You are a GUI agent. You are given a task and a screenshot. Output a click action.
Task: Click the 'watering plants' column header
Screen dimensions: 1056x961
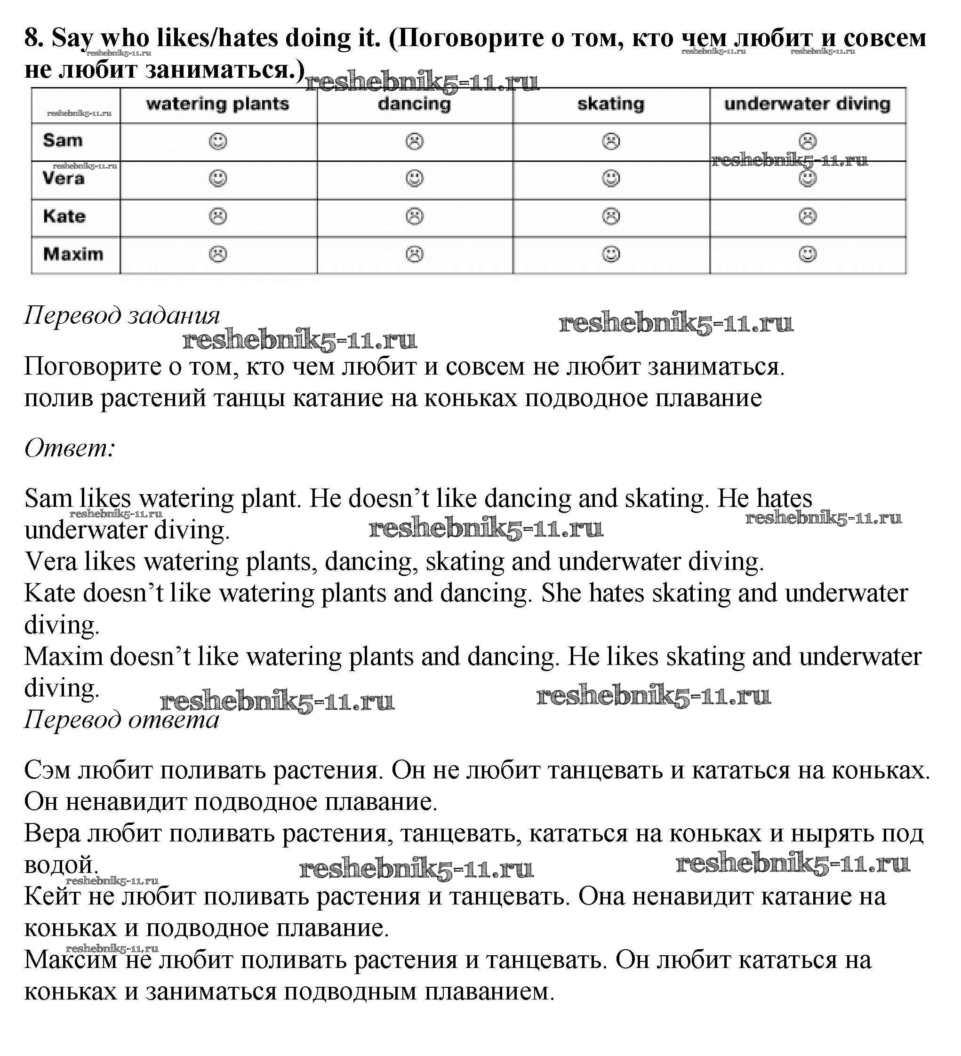(218, 104)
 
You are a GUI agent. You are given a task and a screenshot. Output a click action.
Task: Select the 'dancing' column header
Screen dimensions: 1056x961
(414, 104)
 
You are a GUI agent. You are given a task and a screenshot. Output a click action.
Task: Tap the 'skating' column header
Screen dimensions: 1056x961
(611, 104)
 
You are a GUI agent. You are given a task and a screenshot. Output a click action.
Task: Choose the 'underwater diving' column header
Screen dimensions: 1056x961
(807, 104)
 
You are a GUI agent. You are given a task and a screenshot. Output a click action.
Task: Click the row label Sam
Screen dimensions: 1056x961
(63, 140)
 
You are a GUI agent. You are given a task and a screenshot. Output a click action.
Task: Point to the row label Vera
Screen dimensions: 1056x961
(64, 179)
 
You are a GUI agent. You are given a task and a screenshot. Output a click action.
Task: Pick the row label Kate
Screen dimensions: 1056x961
(64, 216)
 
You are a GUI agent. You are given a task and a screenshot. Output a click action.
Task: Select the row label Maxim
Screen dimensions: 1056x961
(73, 255)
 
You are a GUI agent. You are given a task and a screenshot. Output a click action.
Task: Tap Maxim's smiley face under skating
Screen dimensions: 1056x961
(611, 255)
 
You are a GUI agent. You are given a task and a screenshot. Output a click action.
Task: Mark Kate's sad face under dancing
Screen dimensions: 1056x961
(414, 216)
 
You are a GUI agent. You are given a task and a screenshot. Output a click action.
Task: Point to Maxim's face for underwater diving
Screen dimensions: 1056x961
(807, 255)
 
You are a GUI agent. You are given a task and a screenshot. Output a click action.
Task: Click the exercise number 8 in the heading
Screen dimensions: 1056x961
(32, 39)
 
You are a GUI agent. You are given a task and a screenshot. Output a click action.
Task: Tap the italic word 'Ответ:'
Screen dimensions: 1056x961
(70, 448)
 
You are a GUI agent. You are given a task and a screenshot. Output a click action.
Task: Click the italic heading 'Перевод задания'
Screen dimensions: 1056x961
(122, 316)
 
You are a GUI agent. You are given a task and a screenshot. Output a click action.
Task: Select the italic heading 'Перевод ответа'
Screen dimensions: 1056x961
(121, 720)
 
